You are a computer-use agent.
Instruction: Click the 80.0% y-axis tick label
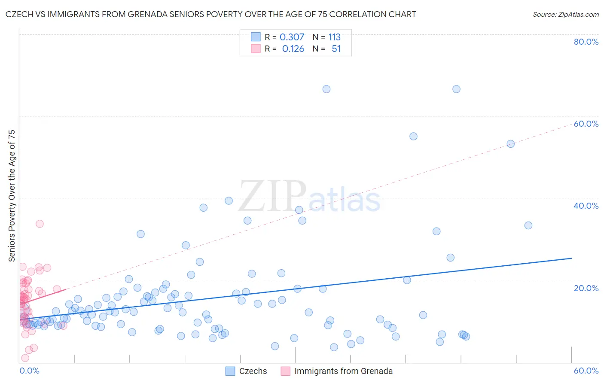(586, 42)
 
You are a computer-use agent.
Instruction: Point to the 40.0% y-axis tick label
(586, 206)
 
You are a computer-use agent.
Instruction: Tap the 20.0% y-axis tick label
(586, 288)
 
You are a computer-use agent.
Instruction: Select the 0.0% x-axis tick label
(29, 371)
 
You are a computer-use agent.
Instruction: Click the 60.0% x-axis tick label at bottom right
(586, 371)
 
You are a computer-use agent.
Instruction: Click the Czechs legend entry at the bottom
(253, 371)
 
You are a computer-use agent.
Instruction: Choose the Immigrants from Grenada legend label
(343, 371)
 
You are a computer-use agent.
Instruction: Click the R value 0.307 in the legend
(292, 37)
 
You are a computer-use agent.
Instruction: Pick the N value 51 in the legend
(336, 49)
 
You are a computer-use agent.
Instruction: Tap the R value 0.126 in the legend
(293, 49)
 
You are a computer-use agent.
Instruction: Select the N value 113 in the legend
(334, 37)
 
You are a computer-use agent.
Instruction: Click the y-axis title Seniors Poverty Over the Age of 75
(12, 195)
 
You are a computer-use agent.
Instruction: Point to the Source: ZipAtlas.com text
(565, 14)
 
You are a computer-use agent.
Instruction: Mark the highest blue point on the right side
(456, 89)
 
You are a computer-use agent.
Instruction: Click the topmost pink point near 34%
(40, 223)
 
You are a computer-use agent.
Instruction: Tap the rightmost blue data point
(528, 225)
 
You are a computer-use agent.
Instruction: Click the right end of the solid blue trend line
(571, 258)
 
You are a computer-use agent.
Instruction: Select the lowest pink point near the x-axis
(25, 358)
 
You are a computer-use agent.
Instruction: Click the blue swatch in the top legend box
(256, 37)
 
